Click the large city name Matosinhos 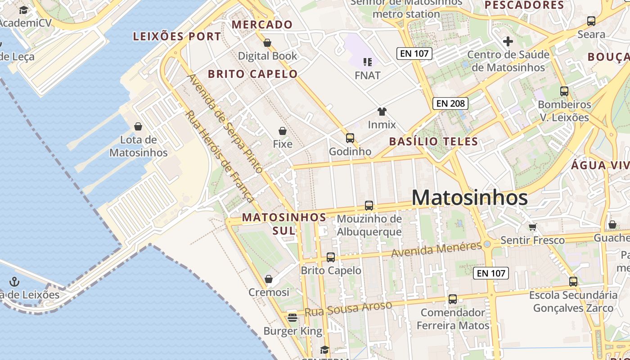[x=469, y=198]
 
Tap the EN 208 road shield [x=450, y=103]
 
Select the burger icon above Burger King [x=292, y=318]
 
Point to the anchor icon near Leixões [x=15, y=282]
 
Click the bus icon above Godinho [x=350, y=138]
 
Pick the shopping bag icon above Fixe [x=283, y=131]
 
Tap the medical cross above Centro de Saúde [x=508, y=42]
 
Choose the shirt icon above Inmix [x=382, y=112]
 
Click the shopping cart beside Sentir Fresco [x=533, y=227]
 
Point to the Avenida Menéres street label [x=436, y=250]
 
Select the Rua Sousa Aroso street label [x=348, y=309]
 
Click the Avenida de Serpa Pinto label [x=225, y=123]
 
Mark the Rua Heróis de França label [x=219, y=156]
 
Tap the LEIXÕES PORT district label [x=177, y=36]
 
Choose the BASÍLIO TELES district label [x=433, y=141]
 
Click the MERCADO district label [x=262, y=25]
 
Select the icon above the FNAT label [x=368, y=62]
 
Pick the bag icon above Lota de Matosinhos [x=138, y=126]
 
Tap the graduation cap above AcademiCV [x=23, y=10]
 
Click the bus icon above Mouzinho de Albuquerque [x=369, y=206]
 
